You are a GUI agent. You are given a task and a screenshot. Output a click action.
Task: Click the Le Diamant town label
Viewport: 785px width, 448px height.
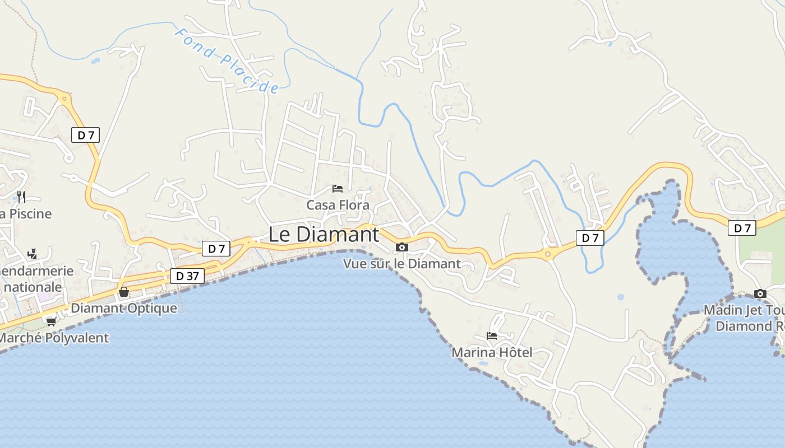click(324, 235)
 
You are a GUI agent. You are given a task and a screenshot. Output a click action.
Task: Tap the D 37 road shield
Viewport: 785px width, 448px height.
click(187, 276)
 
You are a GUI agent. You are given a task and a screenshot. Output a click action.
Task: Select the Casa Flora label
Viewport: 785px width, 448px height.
click(338, 205)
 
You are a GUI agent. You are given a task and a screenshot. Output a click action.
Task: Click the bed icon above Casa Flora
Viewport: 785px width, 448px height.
click(337, 188)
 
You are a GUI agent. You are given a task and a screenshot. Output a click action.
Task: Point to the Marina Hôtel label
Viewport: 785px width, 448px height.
click(492, 352)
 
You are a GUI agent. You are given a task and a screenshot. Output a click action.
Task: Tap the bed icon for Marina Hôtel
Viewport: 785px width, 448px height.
click(492, 336)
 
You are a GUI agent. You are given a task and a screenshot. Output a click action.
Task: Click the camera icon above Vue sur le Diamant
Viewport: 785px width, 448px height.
click(401, 247)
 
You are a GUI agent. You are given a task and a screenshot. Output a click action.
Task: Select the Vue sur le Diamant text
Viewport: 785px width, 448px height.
click(401, 263)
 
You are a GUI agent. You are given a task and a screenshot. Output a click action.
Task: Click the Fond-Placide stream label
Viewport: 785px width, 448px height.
click(227, 60)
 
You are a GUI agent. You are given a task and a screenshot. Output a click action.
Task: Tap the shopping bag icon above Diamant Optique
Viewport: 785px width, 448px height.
click(124, 292)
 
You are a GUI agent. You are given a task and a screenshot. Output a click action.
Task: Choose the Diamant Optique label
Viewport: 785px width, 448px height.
click(124, 308)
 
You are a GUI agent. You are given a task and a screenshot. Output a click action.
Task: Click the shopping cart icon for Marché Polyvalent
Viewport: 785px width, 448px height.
click(51, 321)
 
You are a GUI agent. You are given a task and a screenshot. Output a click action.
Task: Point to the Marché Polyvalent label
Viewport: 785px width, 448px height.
click(54, 338)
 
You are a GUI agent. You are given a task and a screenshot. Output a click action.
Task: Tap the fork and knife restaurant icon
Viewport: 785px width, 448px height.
click(21, 197)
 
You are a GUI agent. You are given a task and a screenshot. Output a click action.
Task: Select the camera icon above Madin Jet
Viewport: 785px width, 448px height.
click(760, 293)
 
